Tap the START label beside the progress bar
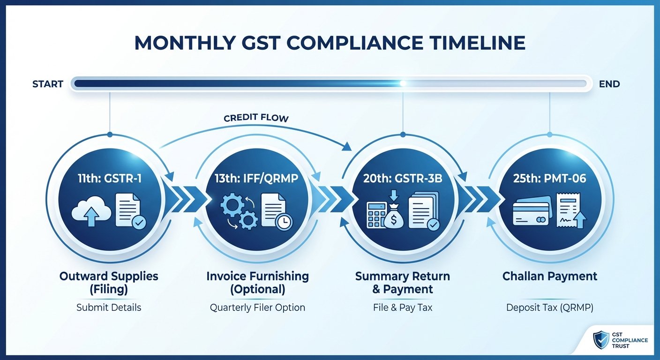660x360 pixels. [x=48, y=84]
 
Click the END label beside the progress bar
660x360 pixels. [x=609, y=84]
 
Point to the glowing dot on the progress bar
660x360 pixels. [x=402, y=83]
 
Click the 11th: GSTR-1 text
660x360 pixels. [x=109, y=179]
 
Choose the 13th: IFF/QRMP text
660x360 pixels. [x=257, y=179]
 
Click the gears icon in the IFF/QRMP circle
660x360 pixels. [x=238, y=213]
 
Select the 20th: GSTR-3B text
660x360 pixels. [x=403, y=179]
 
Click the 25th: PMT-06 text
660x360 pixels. [x=549, y=179]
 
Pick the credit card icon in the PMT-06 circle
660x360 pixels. [x=530, y=213]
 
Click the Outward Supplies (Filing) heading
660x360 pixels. [x=109, y=283]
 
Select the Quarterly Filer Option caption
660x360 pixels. [x=257, y=308]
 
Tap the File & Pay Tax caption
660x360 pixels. [x=403, y=308]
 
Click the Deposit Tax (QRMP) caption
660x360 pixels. [x=549, y=308]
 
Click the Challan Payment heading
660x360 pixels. [x=549, y=277]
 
